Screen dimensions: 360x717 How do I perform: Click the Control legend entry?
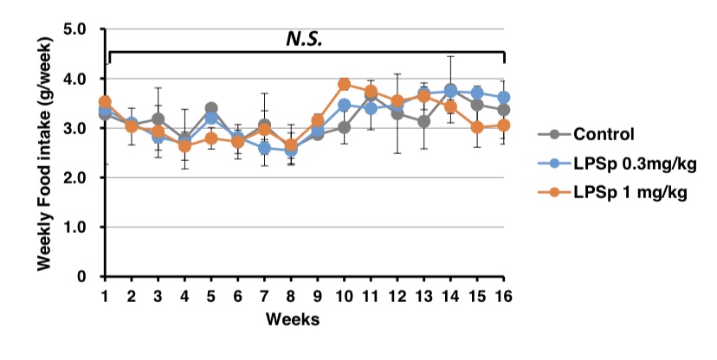[604, 134]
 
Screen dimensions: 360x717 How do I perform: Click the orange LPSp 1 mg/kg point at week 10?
[344, 84]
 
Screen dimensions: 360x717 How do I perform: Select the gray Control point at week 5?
[211, 109]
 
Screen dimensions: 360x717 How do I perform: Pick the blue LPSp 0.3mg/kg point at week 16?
[504, 98]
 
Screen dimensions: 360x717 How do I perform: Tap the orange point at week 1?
[105, 102]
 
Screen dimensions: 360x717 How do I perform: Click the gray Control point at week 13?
[423, 121]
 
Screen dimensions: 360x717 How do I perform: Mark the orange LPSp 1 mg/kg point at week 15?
[477, 127]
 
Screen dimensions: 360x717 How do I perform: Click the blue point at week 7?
[264, 149]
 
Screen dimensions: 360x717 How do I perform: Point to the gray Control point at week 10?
[344, 127]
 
